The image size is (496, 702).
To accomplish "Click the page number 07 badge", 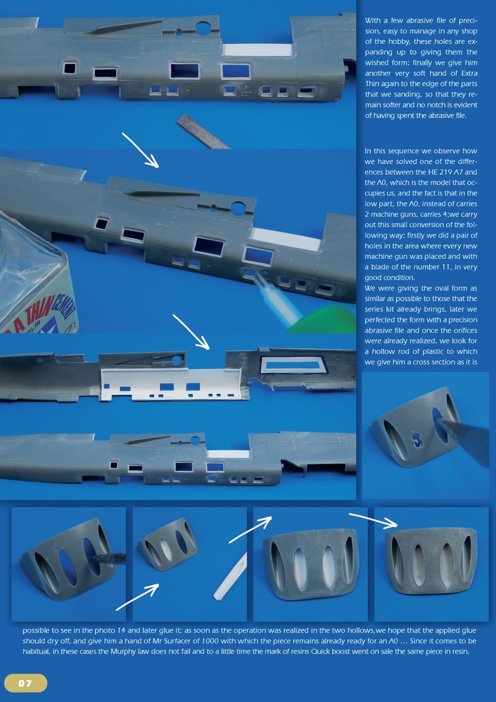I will point(25,683).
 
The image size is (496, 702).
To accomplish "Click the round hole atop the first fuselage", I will point(203,27).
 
